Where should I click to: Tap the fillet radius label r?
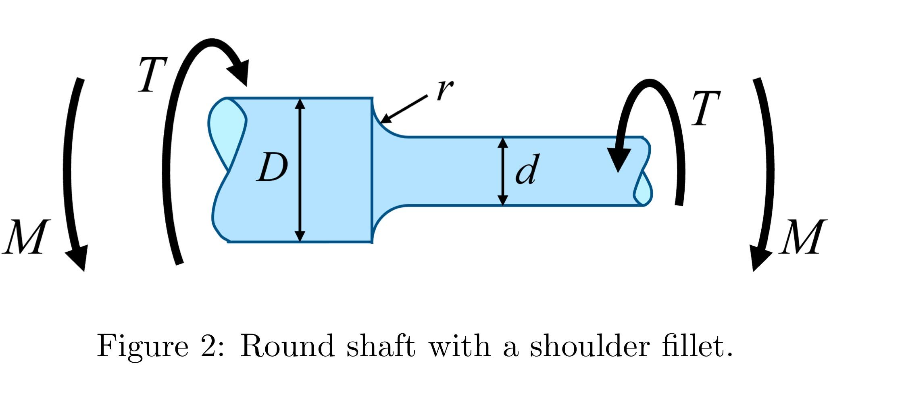tap(444, 90)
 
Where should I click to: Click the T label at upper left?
tap(152, 75)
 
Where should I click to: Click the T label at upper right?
tap(705, 109)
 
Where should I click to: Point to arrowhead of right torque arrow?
tap(619, 160)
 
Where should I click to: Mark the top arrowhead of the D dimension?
tap(300, 104)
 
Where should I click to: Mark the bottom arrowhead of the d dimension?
tap(502, 200)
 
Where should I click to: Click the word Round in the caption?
tap(287, 347)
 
